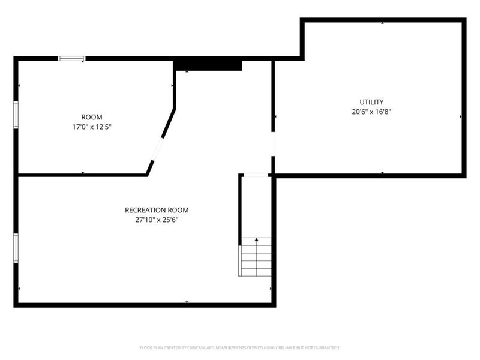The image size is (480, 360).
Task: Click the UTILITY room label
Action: [371, 102]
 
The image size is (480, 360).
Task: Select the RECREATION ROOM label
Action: [157, 210]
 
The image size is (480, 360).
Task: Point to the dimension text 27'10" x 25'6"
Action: [157, 220]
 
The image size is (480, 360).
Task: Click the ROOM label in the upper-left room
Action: [92, 117]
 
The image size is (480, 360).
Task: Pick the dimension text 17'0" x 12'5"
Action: [92, 127]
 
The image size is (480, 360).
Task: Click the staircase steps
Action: [256, 258]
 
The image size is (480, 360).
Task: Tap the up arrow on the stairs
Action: [257, 240]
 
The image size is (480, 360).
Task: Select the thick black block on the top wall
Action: [208, 64]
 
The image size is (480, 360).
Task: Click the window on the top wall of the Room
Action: [71, 58]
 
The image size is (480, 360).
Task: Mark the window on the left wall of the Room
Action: [16, 114]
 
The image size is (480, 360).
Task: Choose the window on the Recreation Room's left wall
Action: [16, 248]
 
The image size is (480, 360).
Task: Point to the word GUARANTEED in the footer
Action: [328, 347]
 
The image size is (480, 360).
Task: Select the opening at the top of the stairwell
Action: [256, 175]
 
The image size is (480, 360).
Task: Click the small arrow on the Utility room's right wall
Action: [461, 116]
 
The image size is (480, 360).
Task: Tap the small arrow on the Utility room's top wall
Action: [383, 23]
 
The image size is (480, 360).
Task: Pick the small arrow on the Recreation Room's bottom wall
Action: [187, 302]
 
